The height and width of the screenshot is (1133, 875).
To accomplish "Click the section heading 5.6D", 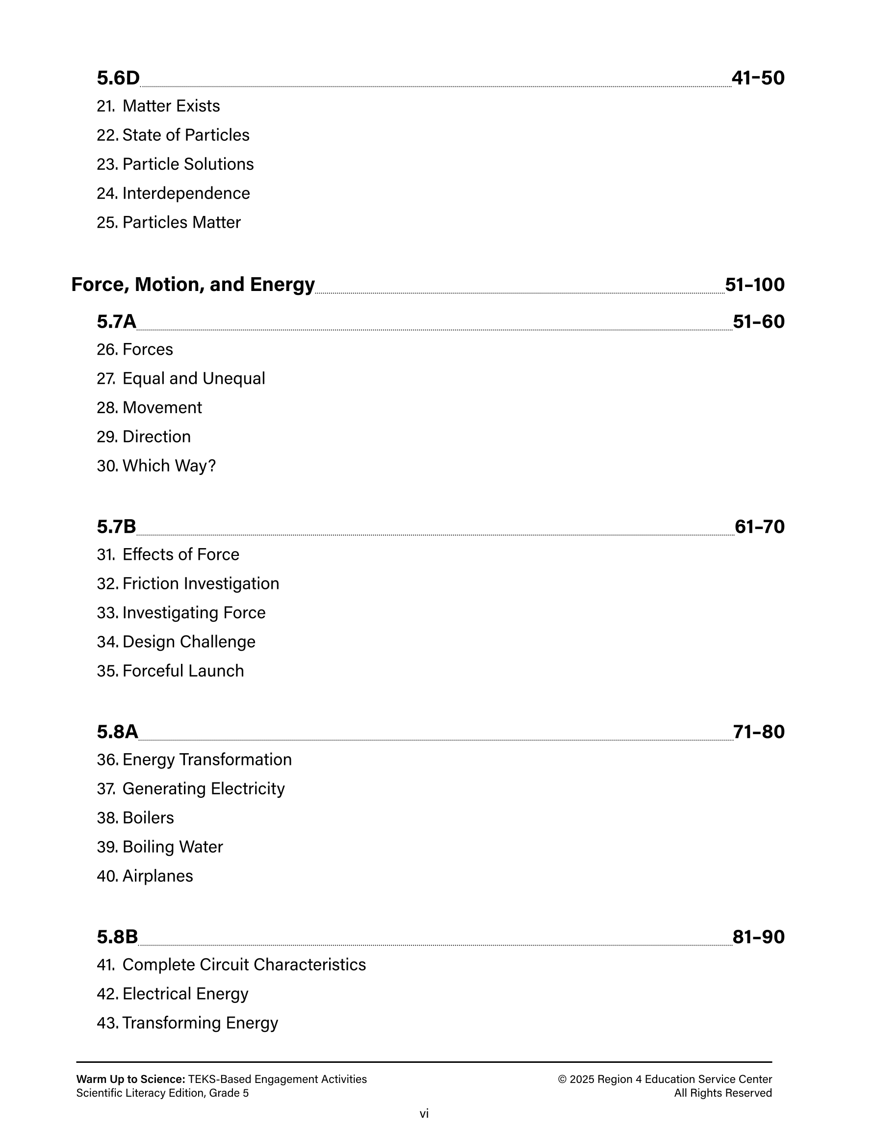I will click(x=118, y=79).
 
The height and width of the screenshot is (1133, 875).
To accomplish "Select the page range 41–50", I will click(x=758, y=79).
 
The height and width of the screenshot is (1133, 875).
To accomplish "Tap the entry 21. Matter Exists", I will click(x=158, y=106).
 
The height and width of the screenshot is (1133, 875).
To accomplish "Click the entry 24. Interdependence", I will click(x=173, y=193).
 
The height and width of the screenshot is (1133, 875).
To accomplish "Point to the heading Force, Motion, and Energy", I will click(x=193, y=285).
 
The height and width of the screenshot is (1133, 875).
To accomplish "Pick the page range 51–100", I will click(x=755, y=285).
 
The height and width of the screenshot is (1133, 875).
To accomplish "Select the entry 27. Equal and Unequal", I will click(x=180, y=379).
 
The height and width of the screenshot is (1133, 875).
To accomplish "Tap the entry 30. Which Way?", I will click(x=156, y=466).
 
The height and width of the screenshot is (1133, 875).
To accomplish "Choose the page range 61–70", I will click(x=759, y=527).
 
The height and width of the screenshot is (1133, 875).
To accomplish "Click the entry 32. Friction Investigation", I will click(x=188, y=583).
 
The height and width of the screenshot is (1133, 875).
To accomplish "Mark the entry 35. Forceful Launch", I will click(x=170, y=671).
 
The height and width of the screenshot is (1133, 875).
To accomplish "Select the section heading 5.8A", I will click(x=118, y=732).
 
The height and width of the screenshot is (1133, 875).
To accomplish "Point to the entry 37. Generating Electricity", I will click(x=190, y=789).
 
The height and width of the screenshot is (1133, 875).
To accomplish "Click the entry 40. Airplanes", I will click(x=145, y=876).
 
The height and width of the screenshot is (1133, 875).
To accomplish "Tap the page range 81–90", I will click(x=758, y=937).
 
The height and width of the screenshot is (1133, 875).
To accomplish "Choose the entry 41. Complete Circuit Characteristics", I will click(x=232, y=964).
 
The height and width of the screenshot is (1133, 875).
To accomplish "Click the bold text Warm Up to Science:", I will click(x=130, y=1079).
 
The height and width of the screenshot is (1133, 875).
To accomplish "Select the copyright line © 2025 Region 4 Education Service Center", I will click(x=665, y=1079).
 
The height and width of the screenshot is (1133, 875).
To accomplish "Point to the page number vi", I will click(x=424, y=1113).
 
